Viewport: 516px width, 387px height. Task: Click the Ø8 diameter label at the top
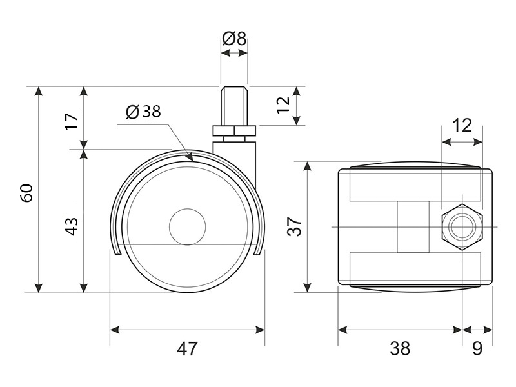pos(234,38)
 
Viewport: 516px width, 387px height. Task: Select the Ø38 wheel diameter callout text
pos(143,112)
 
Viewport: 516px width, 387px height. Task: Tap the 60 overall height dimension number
pos(26,193)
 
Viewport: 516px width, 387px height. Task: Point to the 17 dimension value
pos(72,119)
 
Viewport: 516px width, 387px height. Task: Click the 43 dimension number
pos(72,226)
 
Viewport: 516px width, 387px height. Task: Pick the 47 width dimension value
pos(187,349)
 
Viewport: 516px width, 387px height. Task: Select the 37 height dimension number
pos(294,226)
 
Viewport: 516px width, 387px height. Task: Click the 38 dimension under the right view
pos(400,349)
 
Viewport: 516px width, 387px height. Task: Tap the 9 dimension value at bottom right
pos(477,349)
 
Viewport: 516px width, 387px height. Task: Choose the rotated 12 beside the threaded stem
pos(282,106)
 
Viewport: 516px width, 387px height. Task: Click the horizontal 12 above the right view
pos(462,124)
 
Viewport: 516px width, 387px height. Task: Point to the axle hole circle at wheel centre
pos(187,226)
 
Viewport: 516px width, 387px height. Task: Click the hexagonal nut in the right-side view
pos(461,227)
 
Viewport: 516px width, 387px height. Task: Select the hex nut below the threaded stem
pos(234,132)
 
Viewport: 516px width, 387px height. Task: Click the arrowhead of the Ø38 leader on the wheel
pos(189,157)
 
